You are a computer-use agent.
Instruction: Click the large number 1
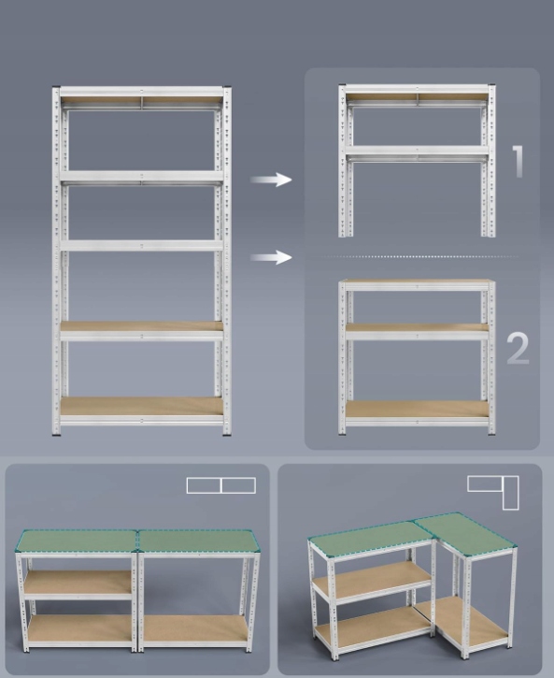(x=518, y=161)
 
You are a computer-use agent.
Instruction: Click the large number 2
(x=518, y=348)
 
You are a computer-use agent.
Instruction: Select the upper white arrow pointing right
(x=271, y=180)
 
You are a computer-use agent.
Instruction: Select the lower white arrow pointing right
(x=271, y=257)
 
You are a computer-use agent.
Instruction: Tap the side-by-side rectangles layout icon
(x=221, y=485)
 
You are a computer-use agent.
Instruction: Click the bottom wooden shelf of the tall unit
(x=142, y=407)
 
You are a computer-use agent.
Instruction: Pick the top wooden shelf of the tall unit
(x=142, y=99)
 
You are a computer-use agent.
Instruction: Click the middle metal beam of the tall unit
(x=142, y=246)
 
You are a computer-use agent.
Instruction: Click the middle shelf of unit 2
(x=417, y=327)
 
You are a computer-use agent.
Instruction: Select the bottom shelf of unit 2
(x=417, y=409)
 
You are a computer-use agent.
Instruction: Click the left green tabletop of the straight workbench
(x=77, y=541)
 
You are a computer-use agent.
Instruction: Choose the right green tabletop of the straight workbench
(x=200, y=541)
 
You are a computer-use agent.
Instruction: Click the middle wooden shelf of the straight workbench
(x=78, y=583)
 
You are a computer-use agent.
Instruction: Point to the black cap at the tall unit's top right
(x=227, y=88)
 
